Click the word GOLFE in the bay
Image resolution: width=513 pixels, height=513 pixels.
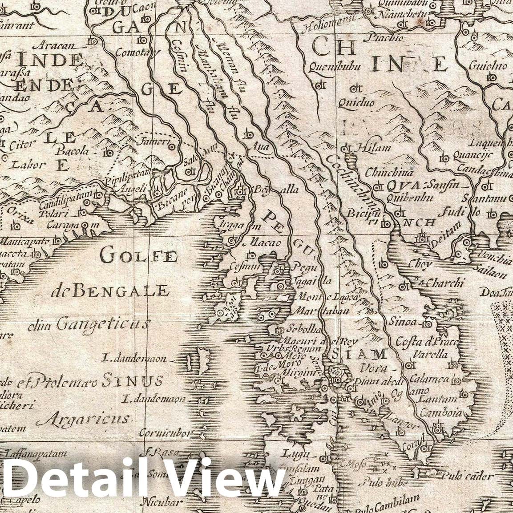tap(139, 255)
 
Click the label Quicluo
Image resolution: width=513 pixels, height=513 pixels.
tap(356, 103)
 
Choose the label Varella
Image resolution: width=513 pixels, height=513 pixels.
tap(429, 355)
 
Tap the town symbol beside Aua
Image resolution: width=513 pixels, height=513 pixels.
tap(249, 134)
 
